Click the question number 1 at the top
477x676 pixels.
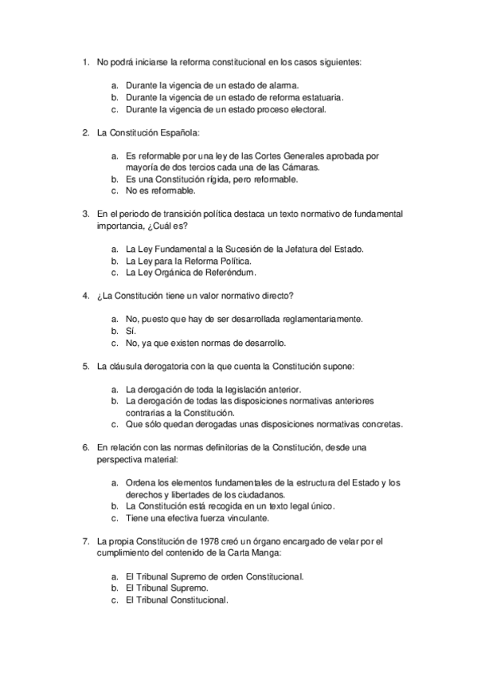pyautogui.click(x=84, y=61)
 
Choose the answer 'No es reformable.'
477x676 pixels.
pyautogui.click(x=160, y=192)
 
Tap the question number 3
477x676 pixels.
pyautogui.click(x=84, y=214)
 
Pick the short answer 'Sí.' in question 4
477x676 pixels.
pyautogui.click(x=131, y=332)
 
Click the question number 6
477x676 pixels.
pyautogui.click(x=84, y=449)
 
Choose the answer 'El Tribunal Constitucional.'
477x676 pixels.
pyautogui.click(x=177, y=601)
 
